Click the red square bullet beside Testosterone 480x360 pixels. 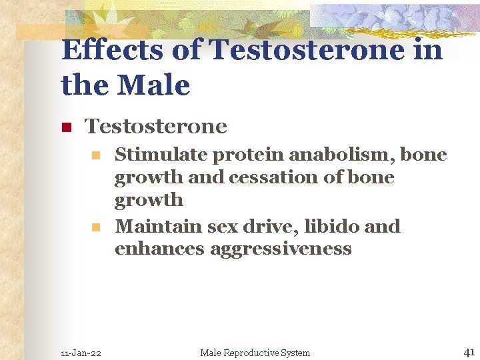click(66, 127)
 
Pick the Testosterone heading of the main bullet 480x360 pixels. click(156, 126)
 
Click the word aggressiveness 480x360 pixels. click(281, 250)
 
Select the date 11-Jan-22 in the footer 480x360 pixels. click(81, 353)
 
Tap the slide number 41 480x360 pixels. click(468, 351)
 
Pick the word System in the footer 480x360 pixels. click(295, 353)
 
